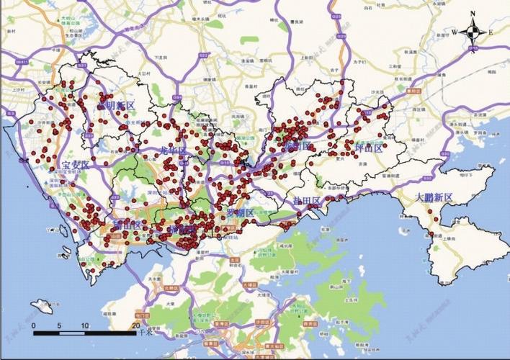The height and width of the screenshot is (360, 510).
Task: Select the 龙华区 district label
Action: pyautogui.click(x=172, y=151)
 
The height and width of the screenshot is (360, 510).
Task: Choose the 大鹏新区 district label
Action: pyautogui.click(x=434, y=197)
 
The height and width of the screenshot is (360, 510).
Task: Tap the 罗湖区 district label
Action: pyautogui.click(x=241, y=213)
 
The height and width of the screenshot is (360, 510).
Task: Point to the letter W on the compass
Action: pyautogui.click(x=455, y=32)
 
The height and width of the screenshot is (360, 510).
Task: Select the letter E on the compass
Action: pyautogui.click(x=491, y=32)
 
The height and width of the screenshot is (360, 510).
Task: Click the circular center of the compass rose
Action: pyautogui.click(x=473, y=32)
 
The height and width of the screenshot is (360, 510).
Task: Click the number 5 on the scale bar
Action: pyautogui.click(x=61, y=327)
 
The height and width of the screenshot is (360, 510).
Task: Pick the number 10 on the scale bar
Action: pyautogui.click(x=86, y=327)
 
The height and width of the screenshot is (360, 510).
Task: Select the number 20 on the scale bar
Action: pyautogui.click(x=137, y=327)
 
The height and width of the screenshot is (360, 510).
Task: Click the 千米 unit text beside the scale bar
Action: pyautogui.click(x=148, y=332)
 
